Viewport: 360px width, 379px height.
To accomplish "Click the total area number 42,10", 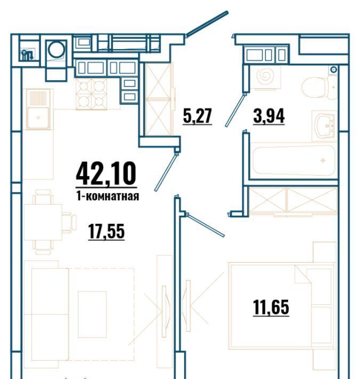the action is [x=106, y=174].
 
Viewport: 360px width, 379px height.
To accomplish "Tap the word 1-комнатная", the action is [x=108, y=196].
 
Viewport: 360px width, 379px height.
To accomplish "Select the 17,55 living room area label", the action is [x=107, y=231].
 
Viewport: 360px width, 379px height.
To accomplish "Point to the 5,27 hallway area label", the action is [x=197, y=116].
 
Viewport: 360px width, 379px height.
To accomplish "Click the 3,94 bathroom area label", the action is [x=269, y=116].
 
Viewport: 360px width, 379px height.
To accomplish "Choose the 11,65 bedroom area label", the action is [x=271, y=307].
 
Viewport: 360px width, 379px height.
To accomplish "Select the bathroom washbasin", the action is [x=324, y=125].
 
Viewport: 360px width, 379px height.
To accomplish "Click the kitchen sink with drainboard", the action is [x=38, y=109].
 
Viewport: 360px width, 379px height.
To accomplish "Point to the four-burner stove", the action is [x=92, y=94].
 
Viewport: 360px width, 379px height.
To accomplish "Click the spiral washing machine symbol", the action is [x=265, y=76].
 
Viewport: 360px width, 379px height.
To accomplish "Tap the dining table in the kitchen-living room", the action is [x=43, y=222].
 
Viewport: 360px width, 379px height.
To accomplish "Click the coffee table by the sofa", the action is [x=92, y=314].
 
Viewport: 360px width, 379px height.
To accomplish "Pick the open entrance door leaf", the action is [x=207, y=23].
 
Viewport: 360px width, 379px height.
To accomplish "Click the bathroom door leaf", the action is [x=236, y=110].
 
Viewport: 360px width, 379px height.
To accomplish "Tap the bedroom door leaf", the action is [x=206, y=225].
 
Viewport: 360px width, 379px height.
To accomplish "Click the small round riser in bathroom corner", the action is [x=334, y=70].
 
